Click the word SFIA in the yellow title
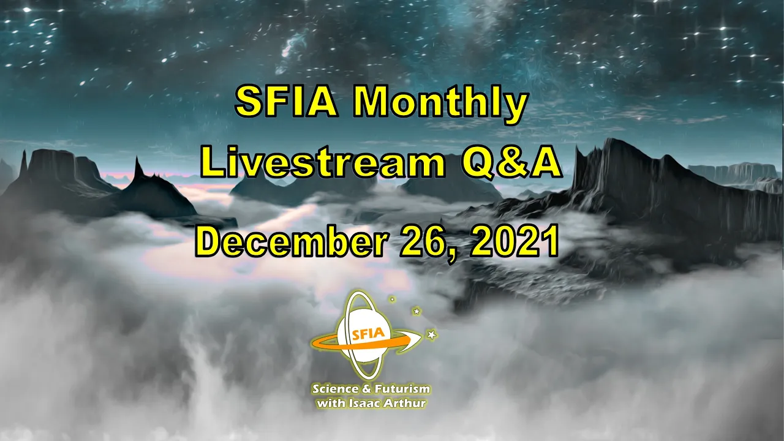(x=286, y=102)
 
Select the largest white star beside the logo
(x=432, y=334)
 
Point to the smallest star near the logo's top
(x=393, y=299)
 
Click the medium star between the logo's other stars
(x=417, y=311)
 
